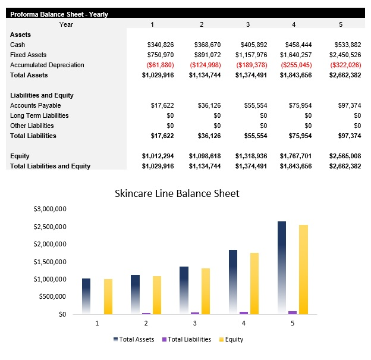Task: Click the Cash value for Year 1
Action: [161, 45]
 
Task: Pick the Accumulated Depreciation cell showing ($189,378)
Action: [252, 65]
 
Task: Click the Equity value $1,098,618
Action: [205, 156]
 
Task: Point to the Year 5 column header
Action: [341, 24]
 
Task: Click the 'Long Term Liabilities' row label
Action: [39, 115]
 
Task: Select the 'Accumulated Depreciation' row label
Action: [47, 65]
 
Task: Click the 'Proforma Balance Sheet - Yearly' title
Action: [59, 14]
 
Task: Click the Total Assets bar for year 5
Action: [282, 268]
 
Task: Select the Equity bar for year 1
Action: [108, 296]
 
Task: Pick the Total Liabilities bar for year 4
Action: [244, 312]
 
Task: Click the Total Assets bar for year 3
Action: [184, 290]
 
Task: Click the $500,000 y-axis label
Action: [52, 296]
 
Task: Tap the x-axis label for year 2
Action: [146, 323]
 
